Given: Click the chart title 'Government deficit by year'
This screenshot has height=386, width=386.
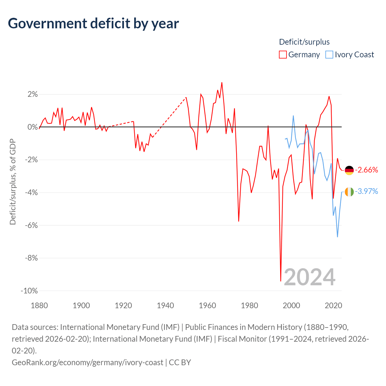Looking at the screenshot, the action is pos(93,24).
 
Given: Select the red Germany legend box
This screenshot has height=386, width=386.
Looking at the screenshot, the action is pos(283,55).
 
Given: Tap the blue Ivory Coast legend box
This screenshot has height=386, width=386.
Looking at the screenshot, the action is pos(329,55).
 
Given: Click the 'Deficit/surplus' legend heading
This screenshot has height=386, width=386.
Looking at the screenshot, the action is pos(304,42).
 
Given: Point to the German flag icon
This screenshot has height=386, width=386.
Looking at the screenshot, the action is pos(349,170).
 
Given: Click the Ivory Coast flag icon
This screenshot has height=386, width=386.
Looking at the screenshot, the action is pos(349,192).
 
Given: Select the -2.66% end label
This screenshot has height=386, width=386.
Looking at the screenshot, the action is pos(367,170).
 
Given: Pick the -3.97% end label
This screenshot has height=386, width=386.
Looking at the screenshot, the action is pos(367,191).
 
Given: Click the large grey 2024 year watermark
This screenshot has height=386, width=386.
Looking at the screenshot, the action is pos(309,277).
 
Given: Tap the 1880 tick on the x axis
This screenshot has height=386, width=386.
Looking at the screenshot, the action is pos(39,305).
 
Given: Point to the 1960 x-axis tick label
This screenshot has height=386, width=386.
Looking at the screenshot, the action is pos(207,305).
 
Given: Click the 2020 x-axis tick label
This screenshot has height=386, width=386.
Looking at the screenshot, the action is pos(333,305).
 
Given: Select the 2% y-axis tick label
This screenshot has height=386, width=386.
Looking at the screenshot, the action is pos(33,94).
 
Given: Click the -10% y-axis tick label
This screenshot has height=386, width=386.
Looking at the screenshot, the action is pos(29,291).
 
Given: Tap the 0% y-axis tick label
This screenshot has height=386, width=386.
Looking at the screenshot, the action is pos(33,127).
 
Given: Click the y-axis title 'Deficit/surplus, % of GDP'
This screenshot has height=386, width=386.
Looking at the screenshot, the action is pos(13,182).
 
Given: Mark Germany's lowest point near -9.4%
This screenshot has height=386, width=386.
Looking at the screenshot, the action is pos(281,281).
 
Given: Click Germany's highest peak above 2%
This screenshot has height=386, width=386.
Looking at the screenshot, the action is pos(222,83).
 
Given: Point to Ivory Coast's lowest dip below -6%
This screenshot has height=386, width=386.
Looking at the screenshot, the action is pos(337,237).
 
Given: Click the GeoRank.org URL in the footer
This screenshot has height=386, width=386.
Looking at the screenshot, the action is pos(87,362).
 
